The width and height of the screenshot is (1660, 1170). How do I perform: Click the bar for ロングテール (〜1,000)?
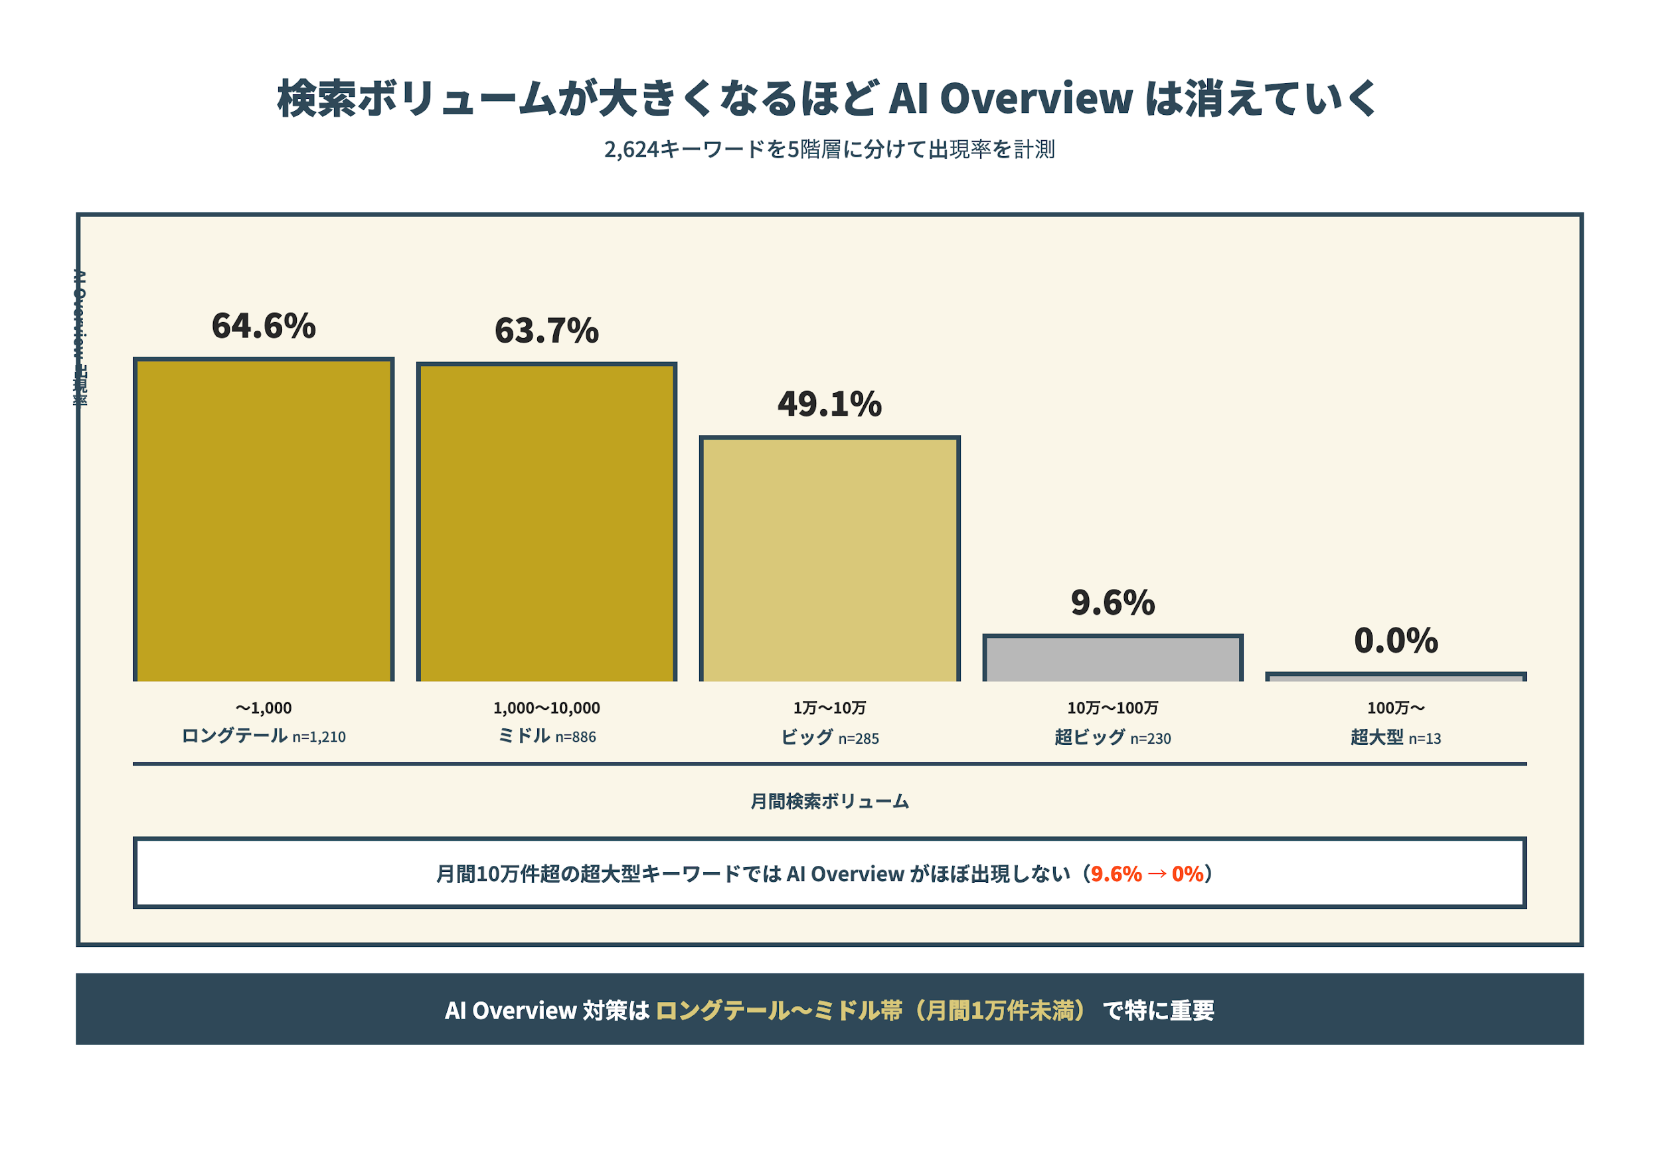(x=263, y=521)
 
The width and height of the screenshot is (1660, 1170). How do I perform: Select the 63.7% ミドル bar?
(x=546, y=523)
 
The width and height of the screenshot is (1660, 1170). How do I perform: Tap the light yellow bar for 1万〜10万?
(x=829, y=560)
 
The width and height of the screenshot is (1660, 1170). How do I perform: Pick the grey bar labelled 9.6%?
(x=1113, y=659)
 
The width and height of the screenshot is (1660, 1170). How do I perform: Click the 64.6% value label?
(x=263, y=326)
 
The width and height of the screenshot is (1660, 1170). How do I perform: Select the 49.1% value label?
(x=829, y=404)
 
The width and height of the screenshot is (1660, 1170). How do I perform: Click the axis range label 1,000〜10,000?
(x=546, y=708)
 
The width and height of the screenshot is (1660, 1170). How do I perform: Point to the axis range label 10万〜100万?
(x=1113, y=708)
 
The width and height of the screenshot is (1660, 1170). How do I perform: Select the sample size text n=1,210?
(x=319, y=738)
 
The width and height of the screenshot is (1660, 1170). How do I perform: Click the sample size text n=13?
(x=1424, y=739)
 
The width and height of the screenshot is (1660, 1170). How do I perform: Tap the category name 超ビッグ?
(x=1089, y=738)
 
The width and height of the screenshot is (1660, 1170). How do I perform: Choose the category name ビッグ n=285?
(x=829, y=738)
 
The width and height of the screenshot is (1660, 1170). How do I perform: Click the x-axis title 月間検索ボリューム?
(x=829, y=801)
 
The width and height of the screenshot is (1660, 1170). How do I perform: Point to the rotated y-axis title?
(x=81, y=338)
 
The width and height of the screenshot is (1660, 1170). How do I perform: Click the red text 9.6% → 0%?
(x=1147, y=875)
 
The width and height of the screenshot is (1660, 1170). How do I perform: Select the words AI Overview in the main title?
(x=1010, y=99)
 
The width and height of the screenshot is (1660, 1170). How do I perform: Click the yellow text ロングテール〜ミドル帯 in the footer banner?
(x=779, y=1010)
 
